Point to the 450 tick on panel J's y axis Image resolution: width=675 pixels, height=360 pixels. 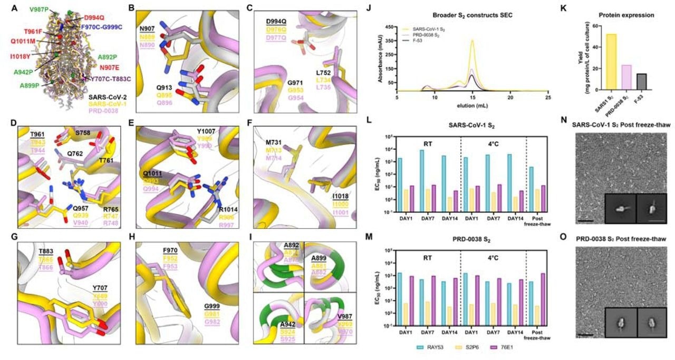tap(391, 26)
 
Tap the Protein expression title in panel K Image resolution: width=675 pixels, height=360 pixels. tap(630, 15)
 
